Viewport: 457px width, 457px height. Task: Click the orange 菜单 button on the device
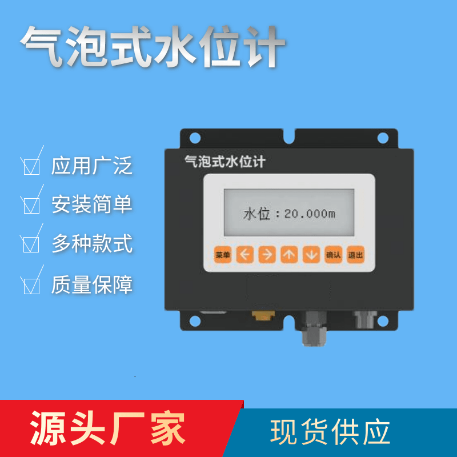pyautogui.click(x=223, y=255)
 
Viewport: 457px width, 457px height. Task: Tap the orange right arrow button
pyautogui.click(x=267, y=255)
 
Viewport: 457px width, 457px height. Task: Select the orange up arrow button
pyautogui.click(x=289, y=255)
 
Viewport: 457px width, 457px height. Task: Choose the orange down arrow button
pyautogui.click(x=311, y=255)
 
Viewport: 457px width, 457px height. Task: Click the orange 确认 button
pyautogui.click(x=334, y=255)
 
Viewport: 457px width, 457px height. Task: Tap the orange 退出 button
pyautogui.click(x=355, y=255)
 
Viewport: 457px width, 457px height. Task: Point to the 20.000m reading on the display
pyautogui.click(x=310, y=214)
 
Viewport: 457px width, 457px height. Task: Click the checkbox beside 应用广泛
pyautogui.click(x=31, y=167)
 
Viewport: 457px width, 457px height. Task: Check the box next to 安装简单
pyautogui.click(x=31, y=206)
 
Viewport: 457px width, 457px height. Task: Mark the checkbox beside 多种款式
pyautogui.click(x=31, y=244)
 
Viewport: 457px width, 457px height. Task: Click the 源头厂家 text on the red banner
pyautogui.click(x=107, y=428)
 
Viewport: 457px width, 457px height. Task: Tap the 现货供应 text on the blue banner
pyautogui.click(x=330, y=432)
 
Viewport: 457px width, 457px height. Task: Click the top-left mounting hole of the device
pyautogui.click(x=195, y=138)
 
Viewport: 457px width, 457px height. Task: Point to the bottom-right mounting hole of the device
pyautogui.click(x=383, y=321)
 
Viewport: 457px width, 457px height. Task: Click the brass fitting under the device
pyautogui.click(x=263, y=315)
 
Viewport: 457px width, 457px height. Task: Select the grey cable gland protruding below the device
pyautogui.click(x=314, y=329)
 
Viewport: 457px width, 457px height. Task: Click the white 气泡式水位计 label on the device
pyautogui.click(x=225, y=161)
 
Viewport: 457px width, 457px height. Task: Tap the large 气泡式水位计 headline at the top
pyautogui.click(x=153, y=47)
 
